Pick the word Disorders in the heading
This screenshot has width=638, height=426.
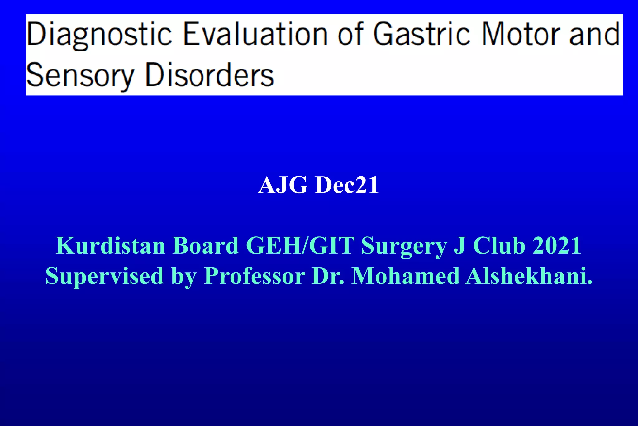(209, 75)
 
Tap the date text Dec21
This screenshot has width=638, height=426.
(347, 185)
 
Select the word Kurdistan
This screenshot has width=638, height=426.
(110, 245)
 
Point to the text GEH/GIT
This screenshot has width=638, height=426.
(300, 245)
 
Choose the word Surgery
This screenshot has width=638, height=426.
(404, 246)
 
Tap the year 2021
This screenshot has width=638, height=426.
(557, 245)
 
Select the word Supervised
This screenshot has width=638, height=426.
(105, 276)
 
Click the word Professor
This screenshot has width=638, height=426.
(254, 276)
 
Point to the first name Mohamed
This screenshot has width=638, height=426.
(405, 276)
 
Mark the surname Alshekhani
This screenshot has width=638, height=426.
(529, 276)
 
